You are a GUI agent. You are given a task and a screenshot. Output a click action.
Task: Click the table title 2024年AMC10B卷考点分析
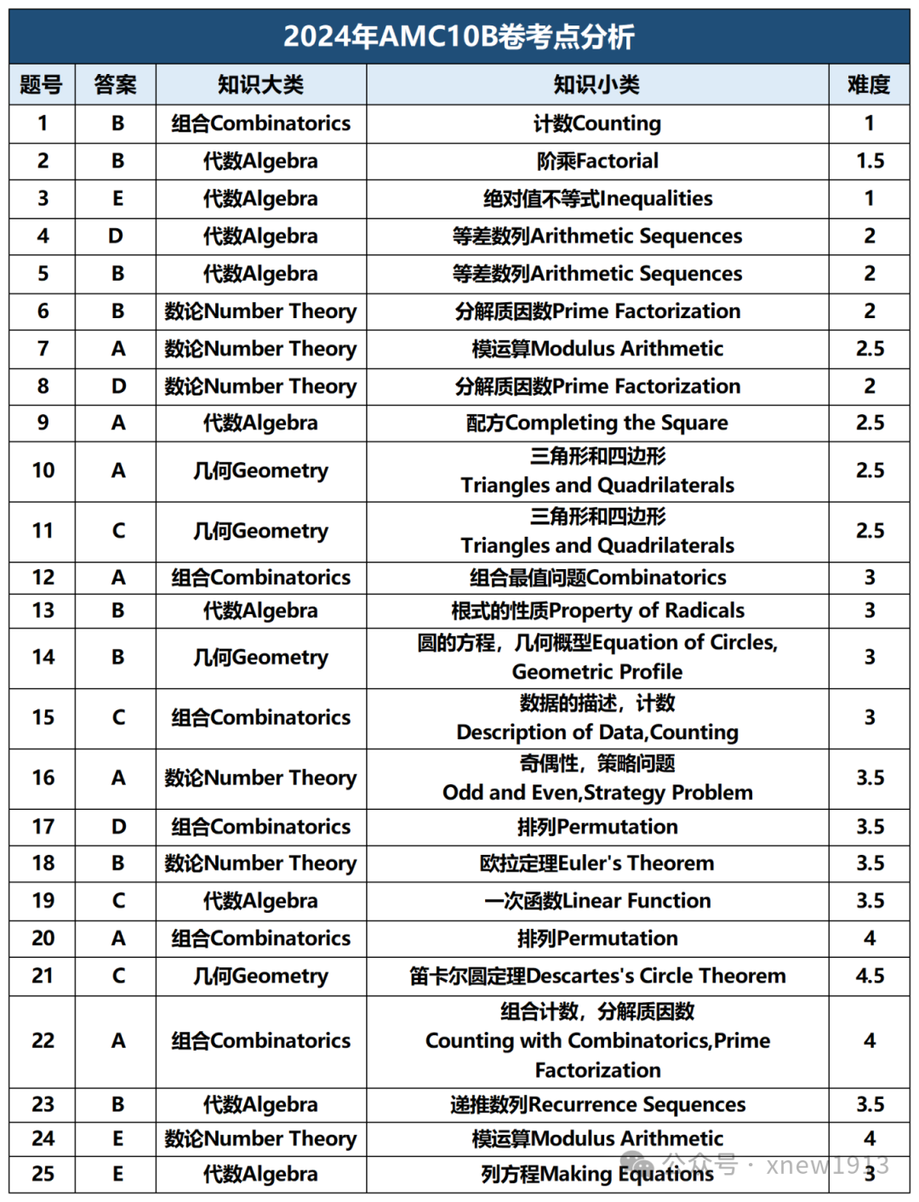click(459, 37)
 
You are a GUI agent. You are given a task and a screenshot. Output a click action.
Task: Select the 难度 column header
click(869, 84)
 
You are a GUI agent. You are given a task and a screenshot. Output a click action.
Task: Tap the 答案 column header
click(115, 84)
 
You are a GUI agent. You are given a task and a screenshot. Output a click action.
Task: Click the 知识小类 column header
click(596, 84)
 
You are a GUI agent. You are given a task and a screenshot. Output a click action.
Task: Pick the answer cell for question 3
click(117, 198)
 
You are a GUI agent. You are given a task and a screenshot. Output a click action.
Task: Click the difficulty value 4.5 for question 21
click(869, 976)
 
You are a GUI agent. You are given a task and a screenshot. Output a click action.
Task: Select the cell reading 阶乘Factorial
click(596, 161)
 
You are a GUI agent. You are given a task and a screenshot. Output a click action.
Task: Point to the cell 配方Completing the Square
click(596, 423)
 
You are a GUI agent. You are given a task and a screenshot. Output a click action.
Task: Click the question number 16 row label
click(43, 778)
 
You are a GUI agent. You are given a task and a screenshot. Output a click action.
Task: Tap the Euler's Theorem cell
click(596, 863)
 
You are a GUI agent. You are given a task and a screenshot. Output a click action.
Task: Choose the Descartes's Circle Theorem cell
click(596, 976)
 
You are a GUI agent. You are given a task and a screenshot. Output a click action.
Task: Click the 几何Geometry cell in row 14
click(260, 657)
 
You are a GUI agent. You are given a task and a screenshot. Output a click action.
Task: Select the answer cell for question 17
click(117, 826)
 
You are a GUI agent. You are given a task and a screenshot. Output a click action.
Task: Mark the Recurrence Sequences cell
click(596, 1104)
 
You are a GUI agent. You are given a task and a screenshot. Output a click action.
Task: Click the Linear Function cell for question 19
click(596, 901)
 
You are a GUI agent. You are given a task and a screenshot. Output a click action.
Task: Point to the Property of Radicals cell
click(596, 610)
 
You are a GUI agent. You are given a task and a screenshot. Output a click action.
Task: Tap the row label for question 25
click(43, 1174)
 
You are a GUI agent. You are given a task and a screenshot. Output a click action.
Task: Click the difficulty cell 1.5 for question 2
click(869, 161)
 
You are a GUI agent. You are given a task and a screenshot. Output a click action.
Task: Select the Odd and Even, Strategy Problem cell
click(596, 778)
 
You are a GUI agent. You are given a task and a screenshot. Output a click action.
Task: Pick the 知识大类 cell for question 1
click(260, 123)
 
